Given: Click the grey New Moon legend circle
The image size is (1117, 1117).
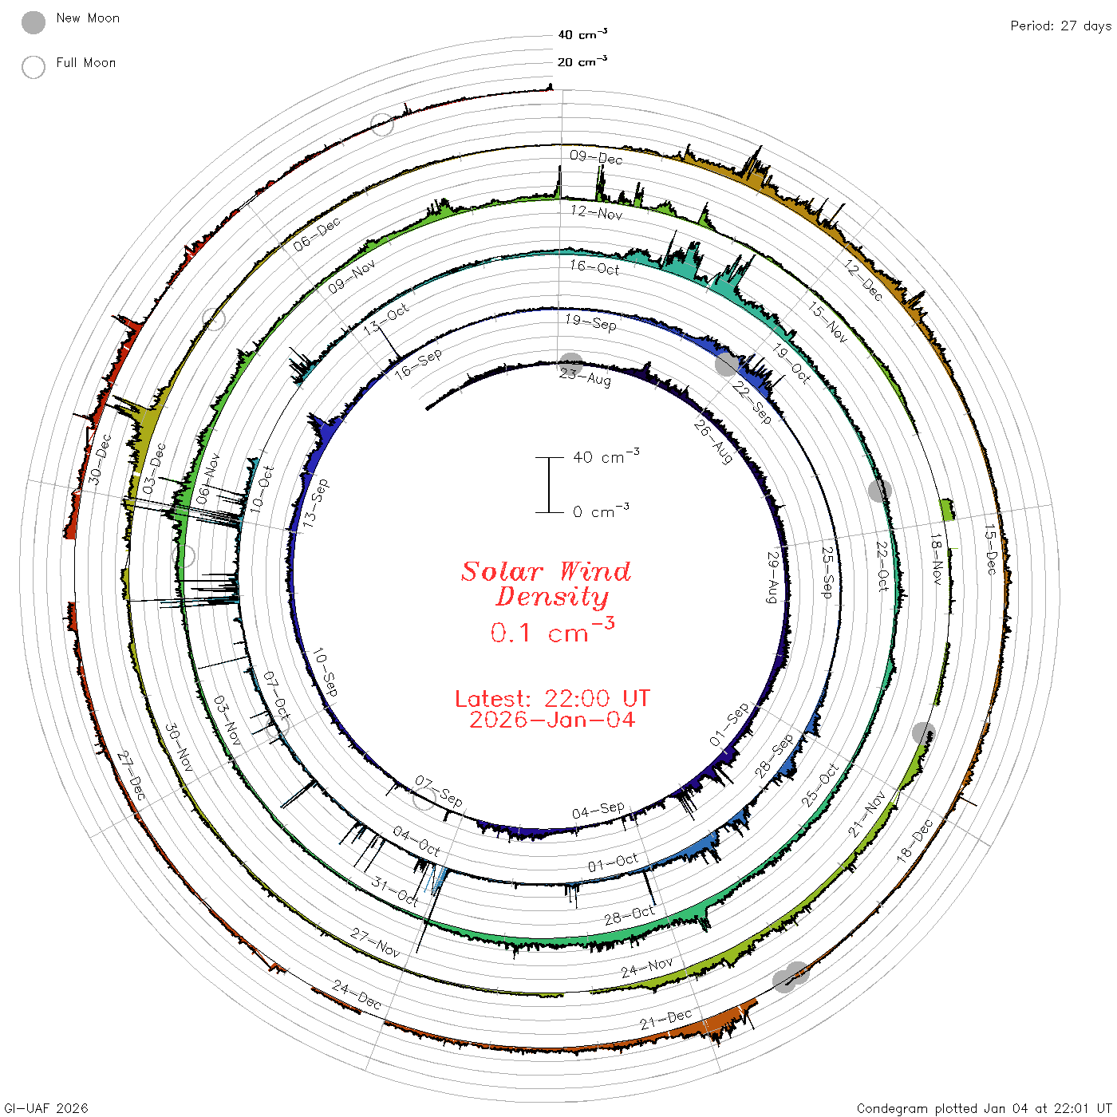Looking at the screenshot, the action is pos(33,22).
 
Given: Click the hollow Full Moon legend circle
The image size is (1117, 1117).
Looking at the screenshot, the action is pos(33,67).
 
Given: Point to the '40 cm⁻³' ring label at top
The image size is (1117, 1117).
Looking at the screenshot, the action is pos(582,34).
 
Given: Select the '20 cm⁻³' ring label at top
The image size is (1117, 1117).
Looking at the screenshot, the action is pos(582,61).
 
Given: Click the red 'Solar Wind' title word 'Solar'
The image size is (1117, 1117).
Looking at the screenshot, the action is pos(502,571).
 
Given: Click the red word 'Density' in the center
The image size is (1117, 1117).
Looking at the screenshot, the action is pos(552,597).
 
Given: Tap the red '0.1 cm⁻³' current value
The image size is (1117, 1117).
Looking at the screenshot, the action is pos(552,630).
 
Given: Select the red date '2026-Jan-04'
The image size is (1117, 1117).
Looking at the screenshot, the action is pos(552,720).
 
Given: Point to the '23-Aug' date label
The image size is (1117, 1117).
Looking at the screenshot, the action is pos(585,377).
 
